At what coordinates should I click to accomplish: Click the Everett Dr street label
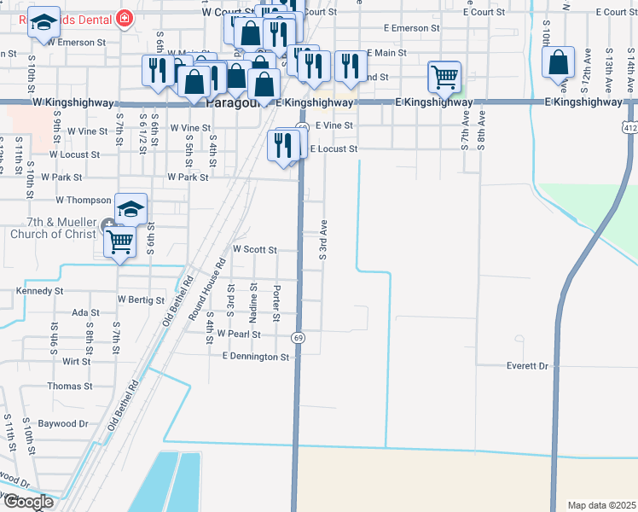click(526, 365)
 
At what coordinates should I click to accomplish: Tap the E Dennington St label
click(255, 356)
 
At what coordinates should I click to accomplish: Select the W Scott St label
click(255, 250)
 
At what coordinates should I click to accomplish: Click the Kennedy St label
click(40, 291)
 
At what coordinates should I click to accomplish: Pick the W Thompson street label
click(84, 200)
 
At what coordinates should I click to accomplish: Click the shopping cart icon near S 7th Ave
click(444, 77)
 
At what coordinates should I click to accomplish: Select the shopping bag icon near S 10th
click(558, 62)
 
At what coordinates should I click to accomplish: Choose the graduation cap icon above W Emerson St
click(43, 23)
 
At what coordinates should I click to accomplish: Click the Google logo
click(27, 502)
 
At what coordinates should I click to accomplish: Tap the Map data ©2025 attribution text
click(601, 505)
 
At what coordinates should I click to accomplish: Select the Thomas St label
click(64, 386)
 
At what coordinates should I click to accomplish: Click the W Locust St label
click(74, 154)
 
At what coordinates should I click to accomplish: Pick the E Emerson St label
click(411, 28)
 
